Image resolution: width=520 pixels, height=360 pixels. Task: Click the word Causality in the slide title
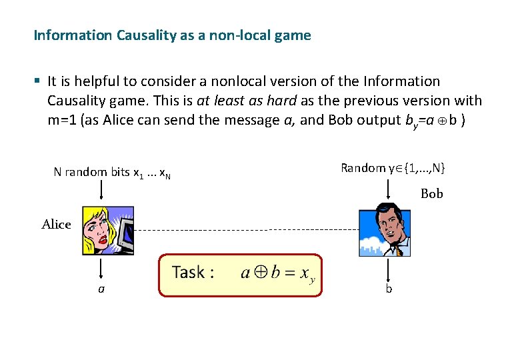[x=147, y=35]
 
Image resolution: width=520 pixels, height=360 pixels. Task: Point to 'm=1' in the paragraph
[x=62, y=120]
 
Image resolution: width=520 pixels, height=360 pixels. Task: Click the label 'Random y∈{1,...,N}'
[x=393, y=168]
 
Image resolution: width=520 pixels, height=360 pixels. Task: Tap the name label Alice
[x=56, y=225]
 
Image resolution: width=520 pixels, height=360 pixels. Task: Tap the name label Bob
[x=432, y=194]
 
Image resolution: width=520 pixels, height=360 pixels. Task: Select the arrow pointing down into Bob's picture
[x=389, y=190]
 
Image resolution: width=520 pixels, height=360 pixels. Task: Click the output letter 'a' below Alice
[x=101, y=290]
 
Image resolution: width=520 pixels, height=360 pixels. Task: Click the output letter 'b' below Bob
[x=389, y=289]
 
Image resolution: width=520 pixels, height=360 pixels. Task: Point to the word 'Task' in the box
[x=188, y=272]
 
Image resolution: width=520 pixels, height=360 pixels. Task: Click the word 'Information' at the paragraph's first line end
[x=402, y=81]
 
